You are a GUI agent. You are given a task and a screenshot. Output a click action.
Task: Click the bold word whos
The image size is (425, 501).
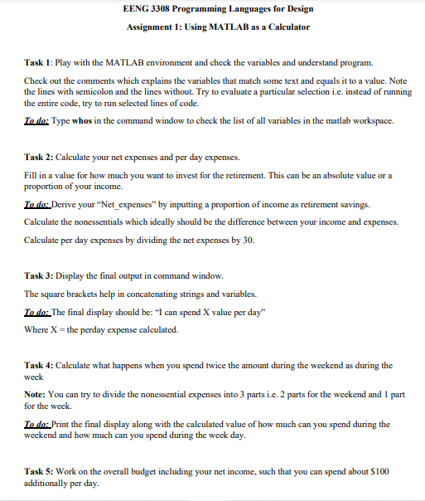click(85, 120)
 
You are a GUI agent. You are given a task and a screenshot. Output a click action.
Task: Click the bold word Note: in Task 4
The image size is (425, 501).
click(37, 395)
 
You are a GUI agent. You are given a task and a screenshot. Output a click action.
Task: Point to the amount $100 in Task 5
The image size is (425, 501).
click(382, 471)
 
